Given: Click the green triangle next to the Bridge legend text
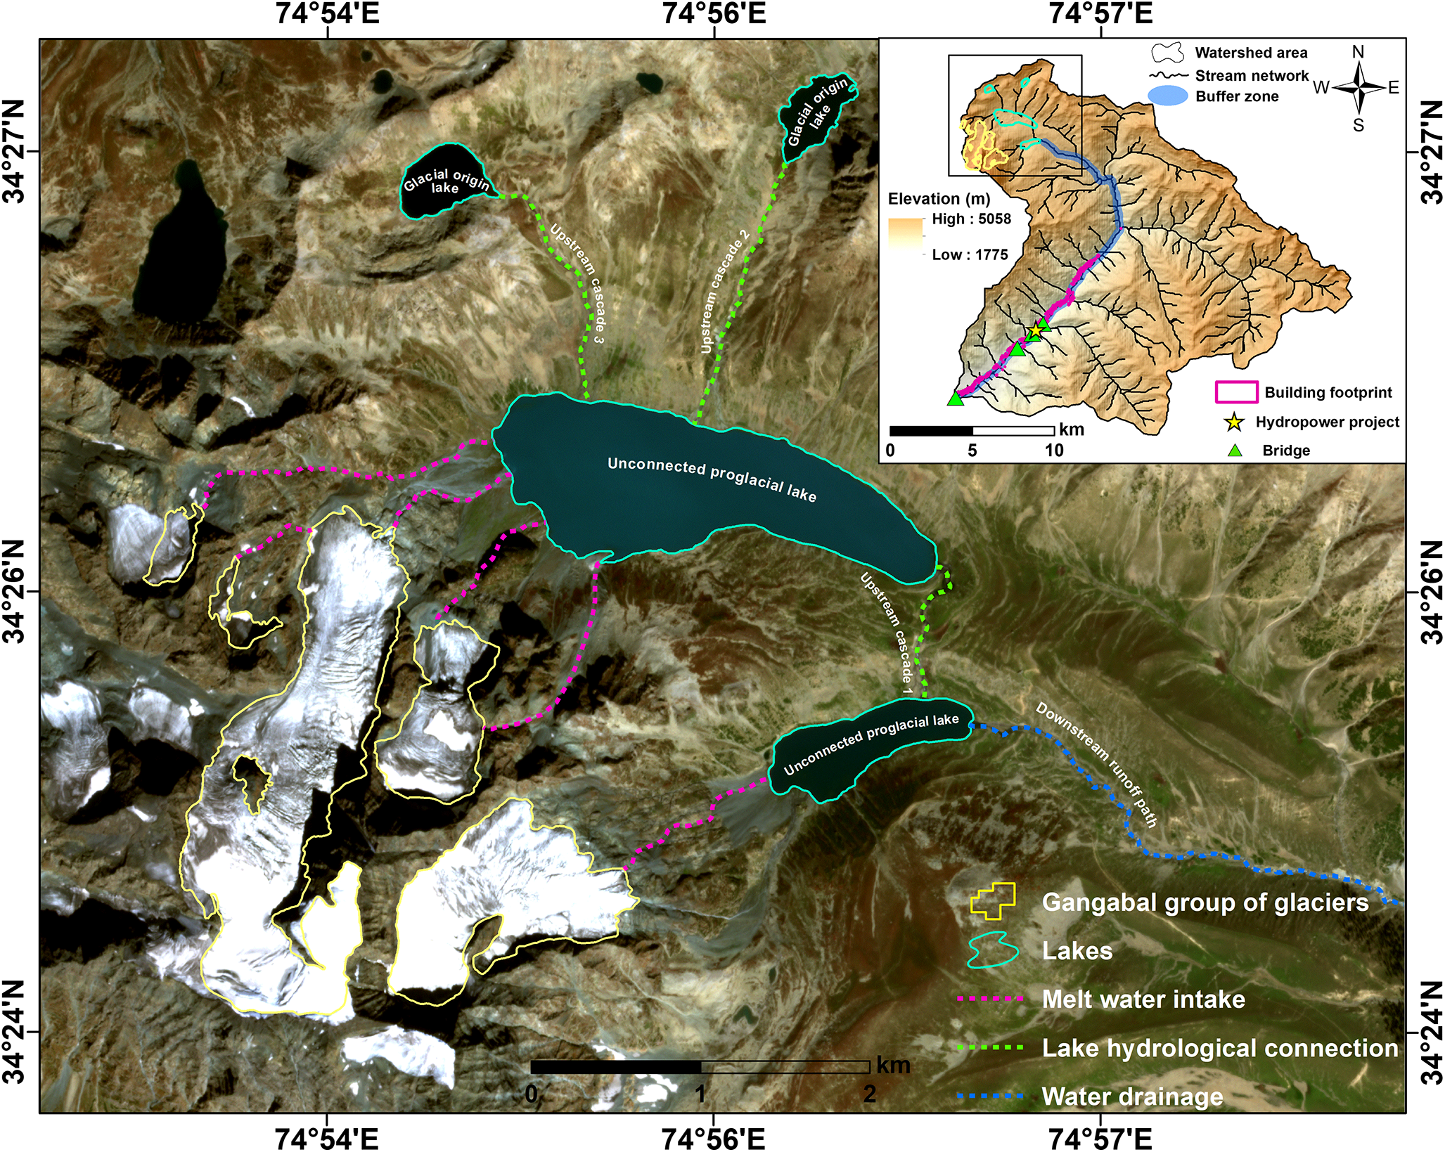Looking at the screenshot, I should coord(1235,451).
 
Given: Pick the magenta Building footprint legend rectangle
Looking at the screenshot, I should coord(1236,392).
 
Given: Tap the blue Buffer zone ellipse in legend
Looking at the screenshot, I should coord(1167,96).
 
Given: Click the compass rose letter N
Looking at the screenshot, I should coord(1359,53).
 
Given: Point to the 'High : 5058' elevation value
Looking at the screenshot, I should coord(971,219).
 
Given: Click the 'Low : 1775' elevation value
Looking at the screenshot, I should coord(970,255).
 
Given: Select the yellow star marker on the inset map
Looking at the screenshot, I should coord(1035,330).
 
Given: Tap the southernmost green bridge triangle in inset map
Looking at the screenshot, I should coord(955,399).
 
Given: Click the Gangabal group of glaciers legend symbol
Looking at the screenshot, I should coord(993,902).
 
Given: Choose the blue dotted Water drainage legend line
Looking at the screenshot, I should coord(990,1096).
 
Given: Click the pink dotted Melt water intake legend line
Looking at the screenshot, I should coord(990,999).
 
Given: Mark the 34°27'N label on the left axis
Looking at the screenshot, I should coord(14,151).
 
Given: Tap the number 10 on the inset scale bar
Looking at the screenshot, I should coord(1053,451).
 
